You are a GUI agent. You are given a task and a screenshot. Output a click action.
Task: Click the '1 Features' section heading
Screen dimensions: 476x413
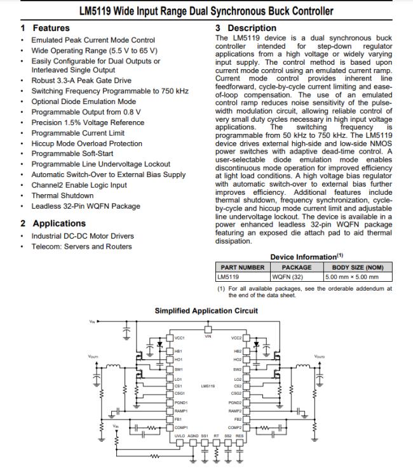(44, 28)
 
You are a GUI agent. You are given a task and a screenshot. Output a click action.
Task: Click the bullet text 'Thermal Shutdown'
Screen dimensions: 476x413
(62, 195)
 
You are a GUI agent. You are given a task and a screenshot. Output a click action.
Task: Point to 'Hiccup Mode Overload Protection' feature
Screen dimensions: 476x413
(87, 143)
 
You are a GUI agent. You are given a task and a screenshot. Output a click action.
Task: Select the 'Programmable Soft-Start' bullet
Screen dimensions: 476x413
(73, 154)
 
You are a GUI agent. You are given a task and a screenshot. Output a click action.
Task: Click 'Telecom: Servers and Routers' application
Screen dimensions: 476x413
(82, 246)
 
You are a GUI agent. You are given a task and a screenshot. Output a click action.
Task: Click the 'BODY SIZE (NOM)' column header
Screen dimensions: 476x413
(358, 267)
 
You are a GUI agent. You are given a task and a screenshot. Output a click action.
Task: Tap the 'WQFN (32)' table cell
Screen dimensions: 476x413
(287, 277)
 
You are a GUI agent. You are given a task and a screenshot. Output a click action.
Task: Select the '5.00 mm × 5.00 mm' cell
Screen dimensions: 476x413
(351, 277)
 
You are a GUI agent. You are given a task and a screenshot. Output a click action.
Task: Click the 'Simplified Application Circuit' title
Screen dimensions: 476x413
(207, 310)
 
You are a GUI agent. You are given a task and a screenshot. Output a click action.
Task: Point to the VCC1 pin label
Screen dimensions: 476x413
(179, 338)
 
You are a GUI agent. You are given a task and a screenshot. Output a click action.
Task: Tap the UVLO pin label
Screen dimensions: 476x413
(180, 435)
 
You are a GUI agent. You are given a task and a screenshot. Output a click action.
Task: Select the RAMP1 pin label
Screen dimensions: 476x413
(181, 411)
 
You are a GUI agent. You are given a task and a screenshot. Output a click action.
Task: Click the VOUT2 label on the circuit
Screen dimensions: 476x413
(320, 357)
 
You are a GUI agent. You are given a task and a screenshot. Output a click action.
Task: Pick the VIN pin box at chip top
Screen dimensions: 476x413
(208, 329)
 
